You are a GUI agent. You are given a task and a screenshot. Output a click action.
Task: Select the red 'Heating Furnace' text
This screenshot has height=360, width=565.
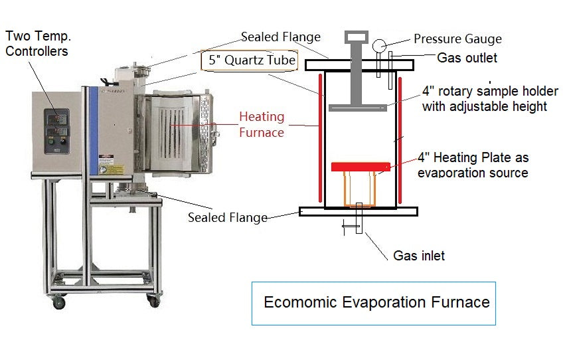(x=262, y=124)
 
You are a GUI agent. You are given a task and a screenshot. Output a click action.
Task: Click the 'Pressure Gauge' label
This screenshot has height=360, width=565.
(x=457, y=39)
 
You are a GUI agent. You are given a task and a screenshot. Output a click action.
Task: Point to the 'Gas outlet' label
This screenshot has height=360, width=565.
(x=467, y=58)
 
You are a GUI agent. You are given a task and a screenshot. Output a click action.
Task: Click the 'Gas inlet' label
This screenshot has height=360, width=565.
(x=419, y=255)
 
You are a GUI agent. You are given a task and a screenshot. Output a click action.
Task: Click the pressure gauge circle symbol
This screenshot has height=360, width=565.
(x=379, y=45)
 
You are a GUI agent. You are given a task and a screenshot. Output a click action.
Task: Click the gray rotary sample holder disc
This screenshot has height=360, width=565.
(x=357, y=107)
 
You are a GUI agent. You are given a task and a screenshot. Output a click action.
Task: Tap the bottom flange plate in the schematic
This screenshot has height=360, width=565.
(x=359, y=211)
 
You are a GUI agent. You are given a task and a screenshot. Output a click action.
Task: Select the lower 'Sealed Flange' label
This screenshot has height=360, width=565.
(x=228, y=217)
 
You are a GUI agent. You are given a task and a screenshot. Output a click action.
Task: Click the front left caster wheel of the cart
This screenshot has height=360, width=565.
(x=60, y=303)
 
